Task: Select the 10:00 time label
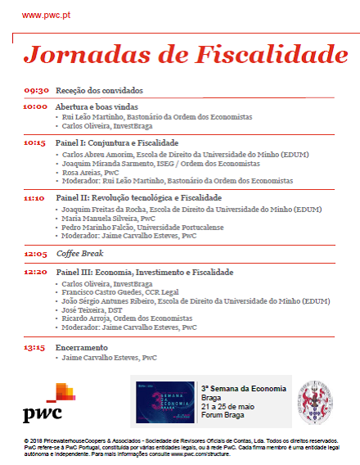(x=35, y=106)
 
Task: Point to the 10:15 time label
(x=35, y=142)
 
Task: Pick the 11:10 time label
(x=34, y=198)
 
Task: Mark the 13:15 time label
(x=35, y=346)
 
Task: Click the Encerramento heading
(x=83, y=346)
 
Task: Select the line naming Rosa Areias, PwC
(x=90, y=172)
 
